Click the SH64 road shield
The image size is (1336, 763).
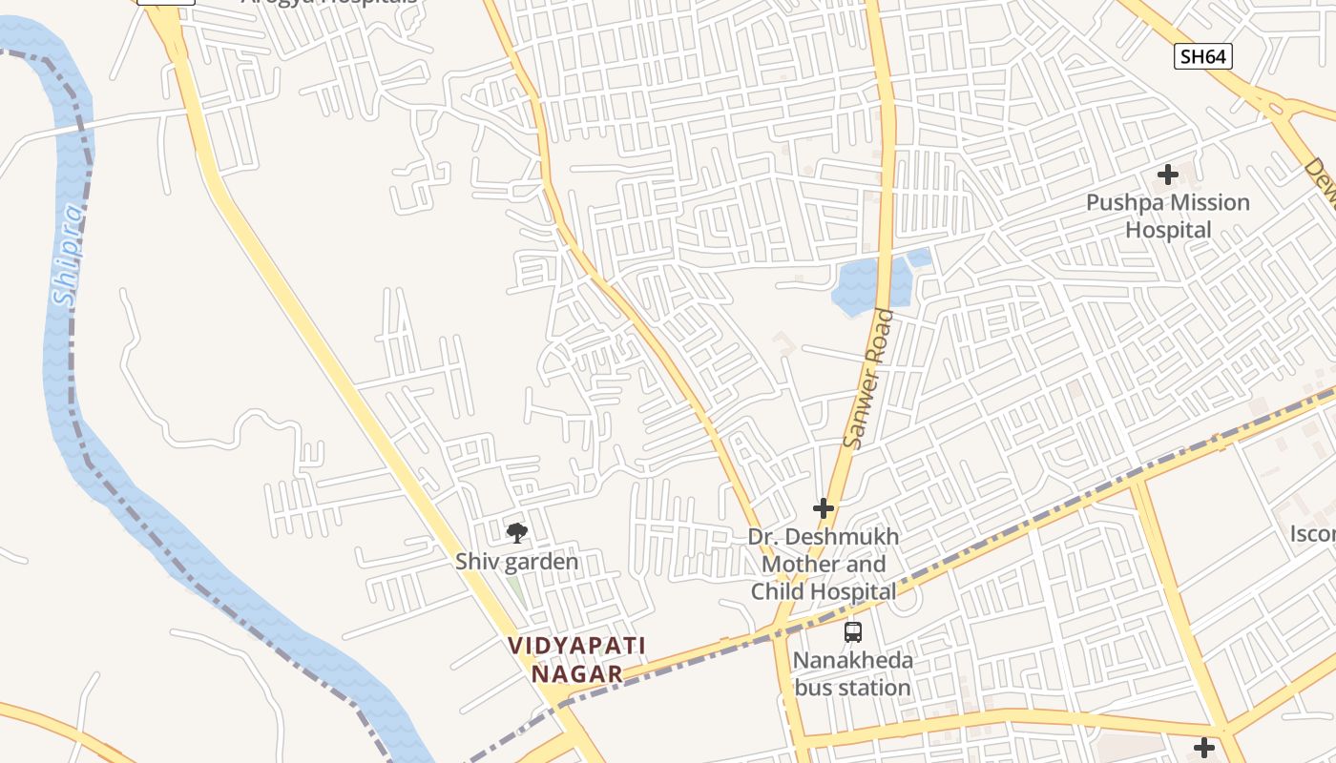click(x=1202, y=56)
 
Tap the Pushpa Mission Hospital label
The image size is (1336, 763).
click(x=1168, y=216)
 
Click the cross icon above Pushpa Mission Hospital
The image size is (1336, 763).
click(x=1167, y=175)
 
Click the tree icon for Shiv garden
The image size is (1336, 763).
click(x=516, y=532)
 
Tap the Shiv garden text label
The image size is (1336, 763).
click(x=516, y=562)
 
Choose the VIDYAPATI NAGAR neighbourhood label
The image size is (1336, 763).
click(x=576, y=659)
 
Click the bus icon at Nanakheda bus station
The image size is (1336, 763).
click(x=852, y=631)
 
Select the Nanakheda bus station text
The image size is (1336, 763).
click(x=852, y=673)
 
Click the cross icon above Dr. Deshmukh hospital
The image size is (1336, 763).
click(x=823, y=508)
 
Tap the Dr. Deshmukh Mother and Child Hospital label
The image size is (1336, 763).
click(x=824, y=564)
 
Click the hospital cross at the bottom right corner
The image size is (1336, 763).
click(x=1203, y=747)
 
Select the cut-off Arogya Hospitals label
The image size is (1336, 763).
click(x=329, y=3)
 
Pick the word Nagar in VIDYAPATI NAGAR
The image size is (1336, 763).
click(x=576, y=673)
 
